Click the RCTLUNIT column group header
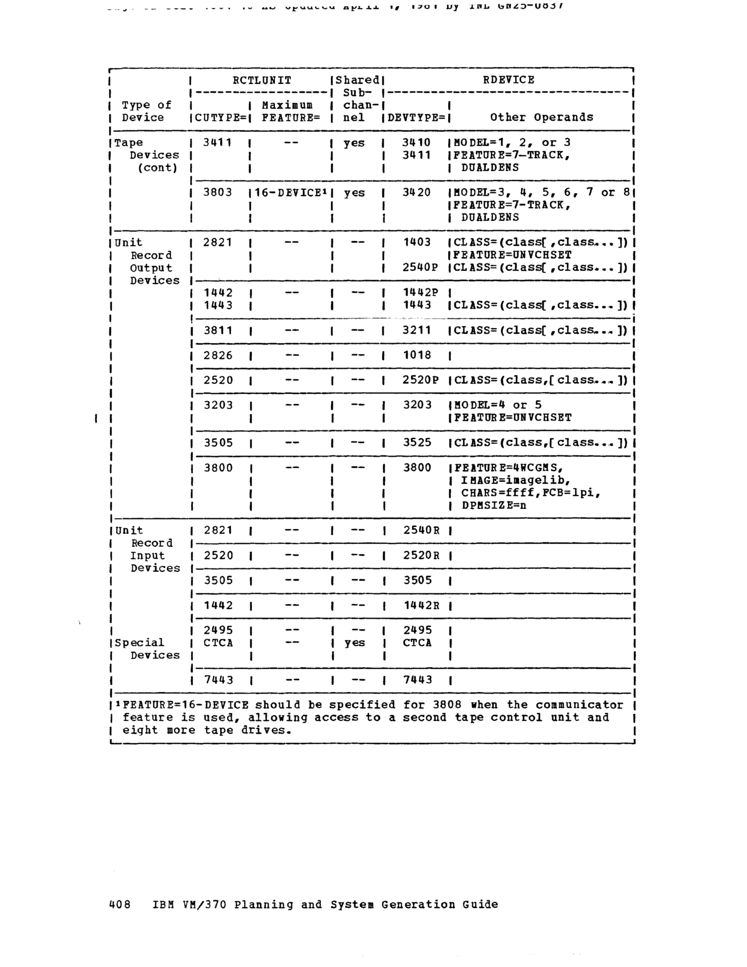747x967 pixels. coord(262,80)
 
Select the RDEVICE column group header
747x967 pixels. coord(508,80)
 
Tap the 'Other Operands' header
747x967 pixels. coord(541,117)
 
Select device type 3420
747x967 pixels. coord(416,193)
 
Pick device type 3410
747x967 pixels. coord(416,142)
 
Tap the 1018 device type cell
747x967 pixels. coord(417,355)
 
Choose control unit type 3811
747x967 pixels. coord(218,330)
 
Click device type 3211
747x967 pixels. coord(417,330)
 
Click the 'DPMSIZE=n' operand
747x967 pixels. coord(494,505)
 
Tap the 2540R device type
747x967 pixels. coord(421,531)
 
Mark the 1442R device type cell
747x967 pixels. coord(421,605)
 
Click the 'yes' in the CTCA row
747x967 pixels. coord(354,643)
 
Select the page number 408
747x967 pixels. coord(120,904)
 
